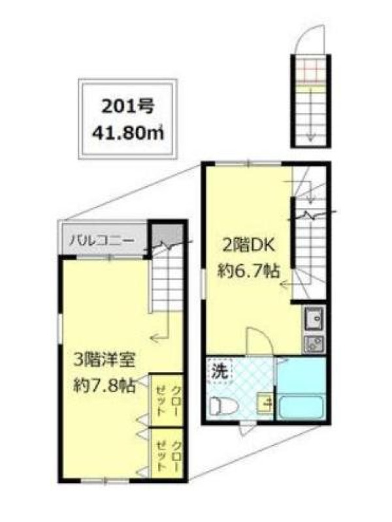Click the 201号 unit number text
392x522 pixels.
tap(127, 108)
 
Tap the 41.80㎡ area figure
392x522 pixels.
tap(127, 133)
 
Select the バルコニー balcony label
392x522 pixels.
tap(102, 240)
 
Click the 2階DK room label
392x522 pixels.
tap(246, 247)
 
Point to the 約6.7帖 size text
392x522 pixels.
tap(248, 271)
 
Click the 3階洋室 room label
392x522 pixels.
tap(104, 360)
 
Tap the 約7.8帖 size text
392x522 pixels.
tap(104, 386)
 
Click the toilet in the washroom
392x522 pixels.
tap(223, 406)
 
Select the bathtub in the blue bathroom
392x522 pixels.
tap(301, 407)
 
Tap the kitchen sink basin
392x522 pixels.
tap(314, 320)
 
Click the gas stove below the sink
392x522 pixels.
tap(314, 344)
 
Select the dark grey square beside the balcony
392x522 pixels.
tap(166, 236)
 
